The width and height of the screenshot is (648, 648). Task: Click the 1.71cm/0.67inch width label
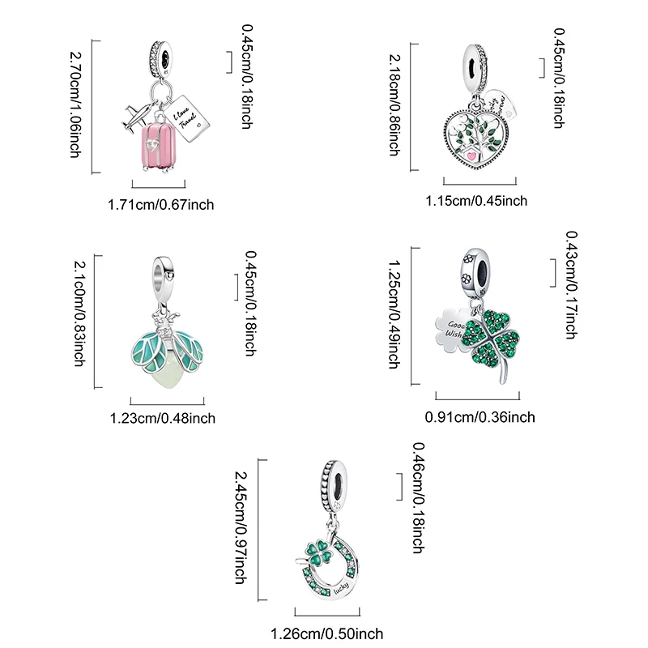(x=160, y=205)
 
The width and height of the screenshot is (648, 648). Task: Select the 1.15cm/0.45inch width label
(x=477, y=201)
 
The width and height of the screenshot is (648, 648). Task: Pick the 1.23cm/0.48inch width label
(x=162, y=418)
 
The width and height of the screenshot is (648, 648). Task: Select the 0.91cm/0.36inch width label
(x=480, y=417)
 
